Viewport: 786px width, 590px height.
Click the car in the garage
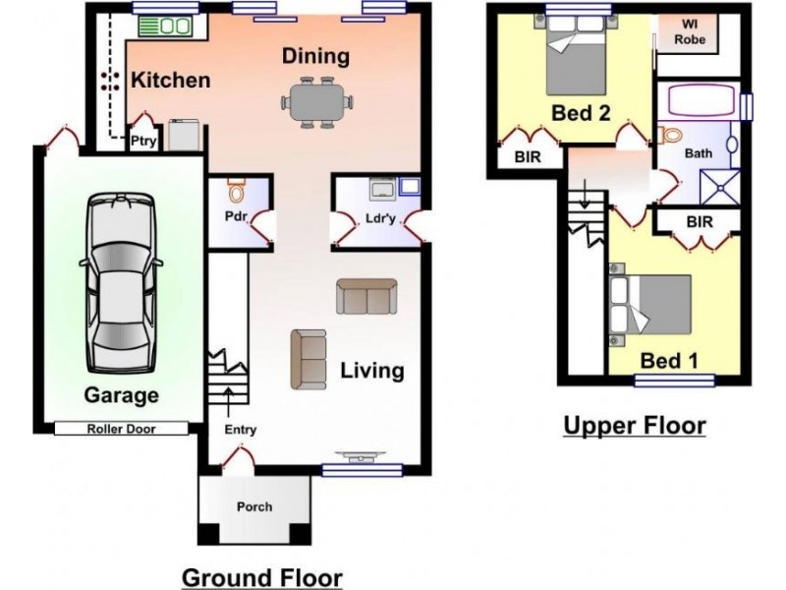point(120,283)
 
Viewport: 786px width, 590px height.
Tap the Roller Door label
point(121,429)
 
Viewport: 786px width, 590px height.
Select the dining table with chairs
point(316,102)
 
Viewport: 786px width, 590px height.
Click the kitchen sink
point(164,27)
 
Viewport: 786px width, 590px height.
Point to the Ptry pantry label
point(143,142)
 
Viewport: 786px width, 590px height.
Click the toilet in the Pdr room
point(235,190)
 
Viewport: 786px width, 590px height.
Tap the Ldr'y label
point(380,218)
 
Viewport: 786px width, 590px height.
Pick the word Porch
point(254,506)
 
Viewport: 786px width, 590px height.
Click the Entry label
point(240,430)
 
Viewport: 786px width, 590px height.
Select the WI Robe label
point(690,31)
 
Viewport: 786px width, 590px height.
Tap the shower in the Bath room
point(720,187)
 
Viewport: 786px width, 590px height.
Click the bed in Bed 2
point(576,54)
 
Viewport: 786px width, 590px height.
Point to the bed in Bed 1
point(650,304)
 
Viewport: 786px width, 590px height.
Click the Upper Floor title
point(635,426)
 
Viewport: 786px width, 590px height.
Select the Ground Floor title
point(262,578)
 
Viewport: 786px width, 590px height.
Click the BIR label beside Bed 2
point(528,157)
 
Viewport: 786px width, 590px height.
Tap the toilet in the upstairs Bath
point(670,135)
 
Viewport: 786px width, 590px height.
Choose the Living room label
point(372,371)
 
